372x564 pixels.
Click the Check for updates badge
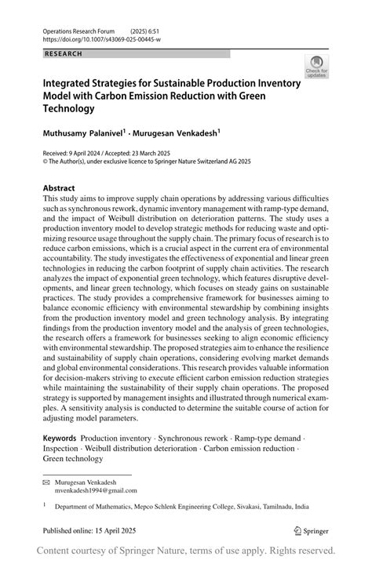pos(317,66)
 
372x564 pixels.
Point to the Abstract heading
pos(59,188)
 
